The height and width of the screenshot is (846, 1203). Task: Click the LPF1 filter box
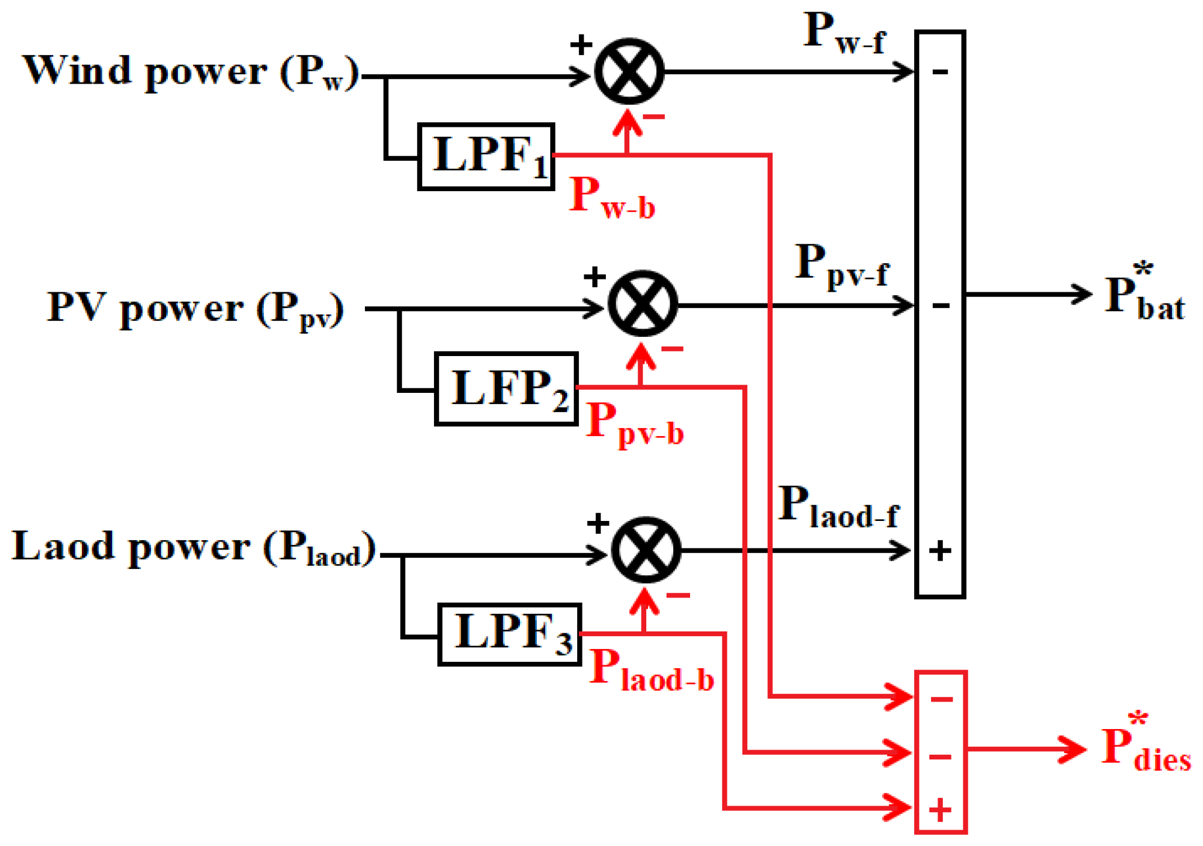[486, 156]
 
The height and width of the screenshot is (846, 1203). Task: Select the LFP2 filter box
[506, 388]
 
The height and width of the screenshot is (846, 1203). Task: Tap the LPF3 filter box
[509, 634]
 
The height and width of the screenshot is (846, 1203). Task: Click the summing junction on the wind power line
[629, 72]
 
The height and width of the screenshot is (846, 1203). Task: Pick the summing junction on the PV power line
[643, 303]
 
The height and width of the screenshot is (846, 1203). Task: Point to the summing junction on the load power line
[646, 550]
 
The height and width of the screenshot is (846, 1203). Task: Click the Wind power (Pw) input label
[190, 72]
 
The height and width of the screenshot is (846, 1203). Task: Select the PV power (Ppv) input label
[195, 309]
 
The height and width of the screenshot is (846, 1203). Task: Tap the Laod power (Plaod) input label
[193, 548]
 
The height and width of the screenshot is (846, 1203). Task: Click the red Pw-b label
[612, 198]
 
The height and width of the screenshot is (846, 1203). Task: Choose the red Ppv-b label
[635, 423]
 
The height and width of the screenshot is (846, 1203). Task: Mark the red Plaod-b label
[651, 670]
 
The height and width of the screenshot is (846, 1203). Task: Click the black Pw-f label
[844, 34]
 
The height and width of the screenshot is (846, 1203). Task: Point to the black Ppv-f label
[842, 266]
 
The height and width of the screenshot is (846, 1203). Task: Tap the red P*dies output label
[1145, 745]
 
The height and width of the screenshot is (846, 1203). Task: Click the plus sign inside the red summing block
[940, 810]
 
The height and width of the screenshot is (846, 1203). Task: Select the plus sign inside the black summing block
[940, 550]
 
